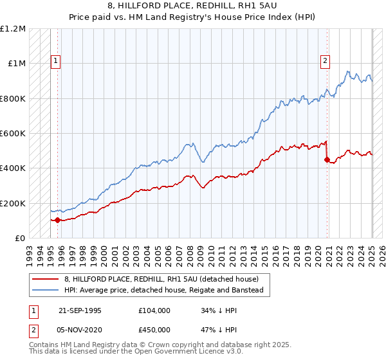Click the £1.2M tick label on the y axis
point(13,29)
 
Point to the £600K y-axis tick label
point(13,134)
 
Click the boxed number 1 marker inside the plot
point(55,62)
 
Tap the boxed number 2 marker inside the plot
point(325,62)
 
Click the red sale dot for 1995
point(57,220)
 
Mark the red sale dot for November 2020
point(327,159)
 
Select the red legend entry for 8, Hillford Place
point(161,279)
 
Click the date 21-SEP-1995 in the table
point(80,310)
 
